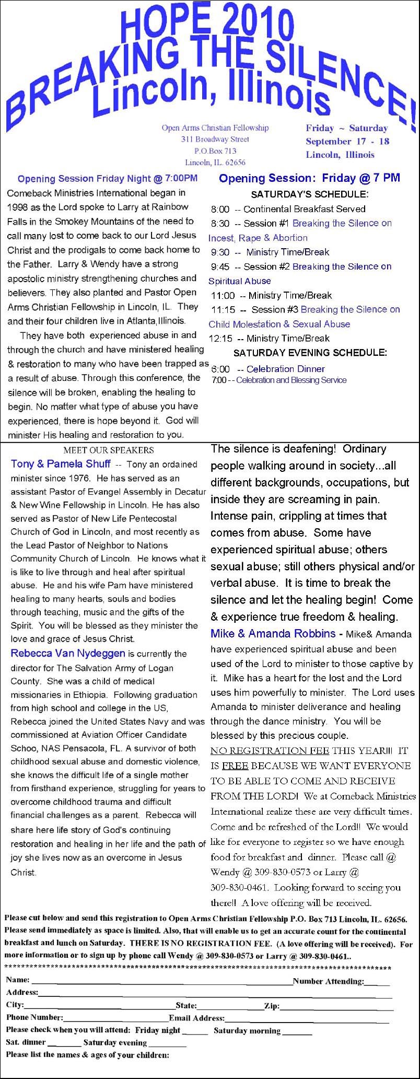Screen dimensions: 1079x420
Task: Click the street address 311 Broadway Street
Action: (215, 140)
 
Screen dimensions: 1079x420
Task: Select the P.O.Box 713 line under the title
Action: (215, 151)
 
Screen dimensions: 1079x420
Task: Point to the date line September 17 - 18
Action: (347, 142)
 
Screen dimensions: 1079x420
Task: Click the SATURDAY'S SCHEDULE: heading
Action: (310, 194)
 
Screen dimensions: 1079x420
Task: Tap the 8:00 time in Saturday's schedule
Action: (220, 209)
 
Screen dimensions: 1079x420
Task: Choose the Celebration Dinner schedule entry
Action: (285, 369)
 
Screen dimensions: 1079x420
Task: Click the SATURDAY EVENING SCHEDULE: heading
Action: (310, 353)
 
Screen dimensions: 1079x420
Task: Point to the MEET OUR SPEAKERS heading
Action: (109, 450)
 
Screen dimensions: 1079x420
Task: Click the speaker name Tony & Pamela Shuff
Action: (61, 464)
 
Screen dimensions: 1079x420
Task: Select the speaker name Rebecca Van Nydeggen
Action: (68, 653)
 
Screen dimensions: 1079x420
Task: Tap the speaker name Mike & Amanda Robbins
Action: (273, 634)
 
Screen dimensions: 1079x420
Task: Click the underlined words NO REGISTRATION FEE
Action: (270, 751)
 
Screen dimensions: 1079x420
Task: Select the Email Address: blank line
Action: (307, 1018)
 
